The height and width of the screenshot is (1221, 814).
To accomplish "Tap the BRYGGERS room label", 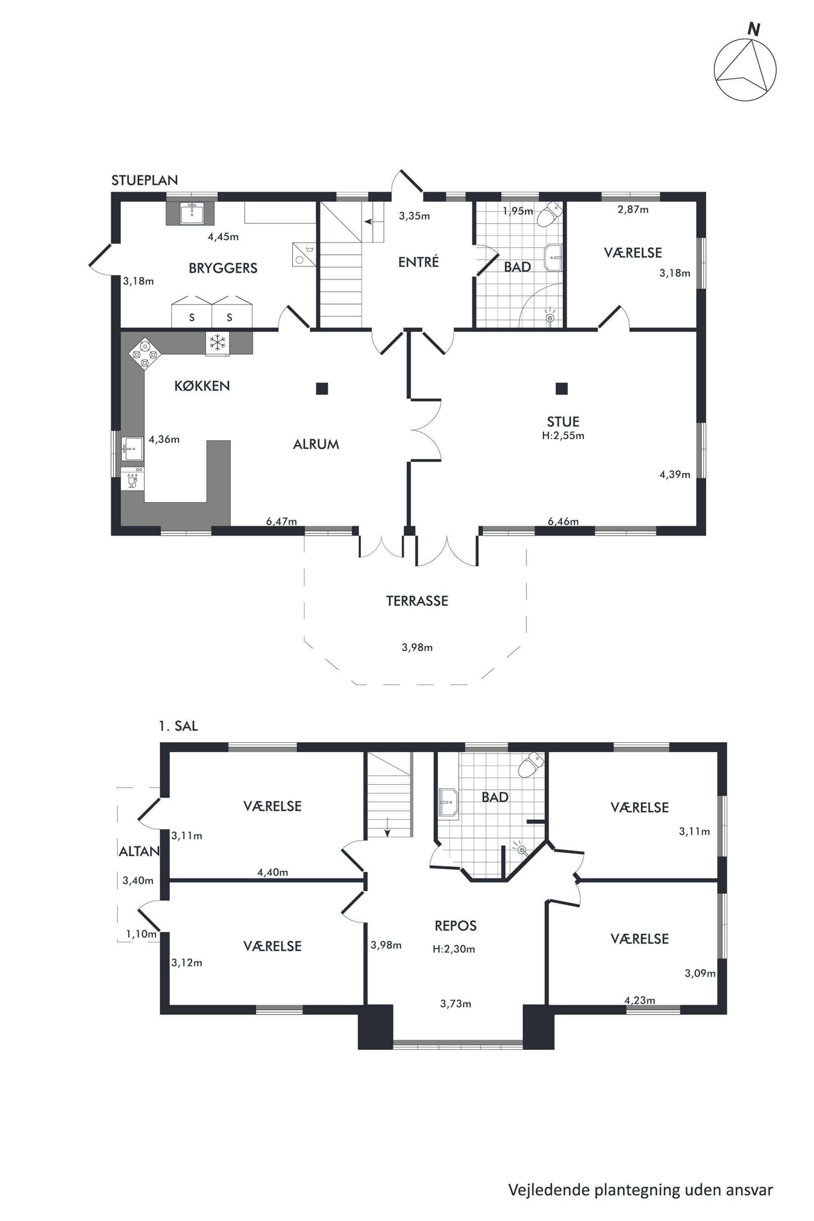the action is tap(223, 268).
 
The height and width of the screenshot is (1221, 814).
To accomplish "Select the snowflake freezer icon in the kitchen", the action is tap(217, 343).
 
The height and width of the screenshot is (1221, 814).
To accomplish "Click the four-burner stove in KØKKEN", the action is tap(145, 354).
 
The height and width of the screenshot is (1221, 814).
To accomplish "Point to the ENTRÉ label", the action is tap(418, 262).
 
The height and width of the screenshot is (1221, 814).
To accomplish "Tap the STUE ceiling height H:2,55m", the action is tap(563, 436).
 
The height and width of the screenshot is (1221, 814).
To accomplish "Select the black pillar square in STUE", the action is tap(561, 388).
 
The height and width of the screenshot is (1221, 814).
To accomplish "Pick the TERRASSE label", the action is tap(417, 601).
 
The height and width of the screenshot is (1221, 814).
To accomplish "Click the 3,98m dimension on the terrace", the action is tap(417, 647).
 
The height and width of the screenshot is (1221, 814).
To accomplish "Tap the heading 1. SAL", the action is tap(178, 726).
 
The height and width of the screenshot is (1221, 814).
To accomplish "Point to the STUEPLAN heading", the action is tap(144, 180).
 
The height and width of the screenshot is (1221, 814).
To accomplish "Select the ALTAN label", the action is tap(139, 851).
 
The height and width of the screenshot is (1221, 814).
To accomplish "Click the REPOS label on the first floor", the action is tap(455, 925).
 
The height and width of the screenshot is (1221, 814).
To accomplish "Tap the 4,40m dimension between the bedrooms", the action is tap(272, 872).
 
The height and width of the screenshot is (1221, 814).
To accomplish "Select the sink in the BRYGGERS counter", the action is tap(192, 213).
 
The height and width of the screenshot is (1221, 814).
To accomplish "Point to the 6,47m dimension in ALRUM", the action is tap(281, 521).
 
